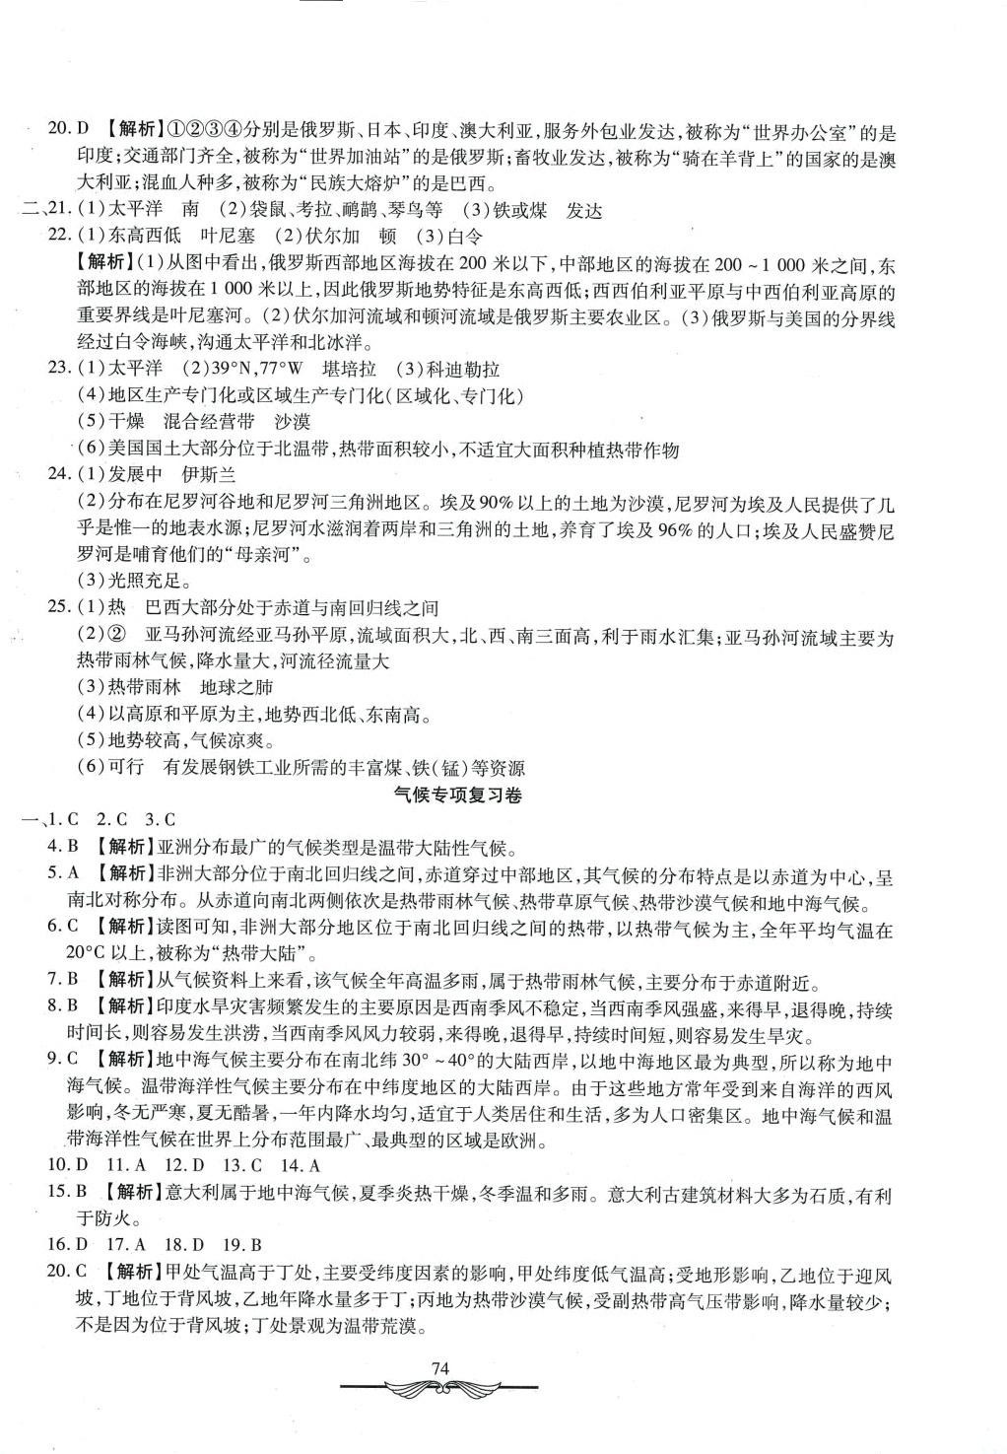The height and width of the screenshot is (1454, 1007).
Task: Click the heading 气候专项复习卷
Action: pyautogui.click(x=455, y=796)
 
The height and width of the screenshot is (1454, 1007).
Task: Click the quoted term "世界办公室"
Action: pyautogui.click(x=807, y=130)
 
